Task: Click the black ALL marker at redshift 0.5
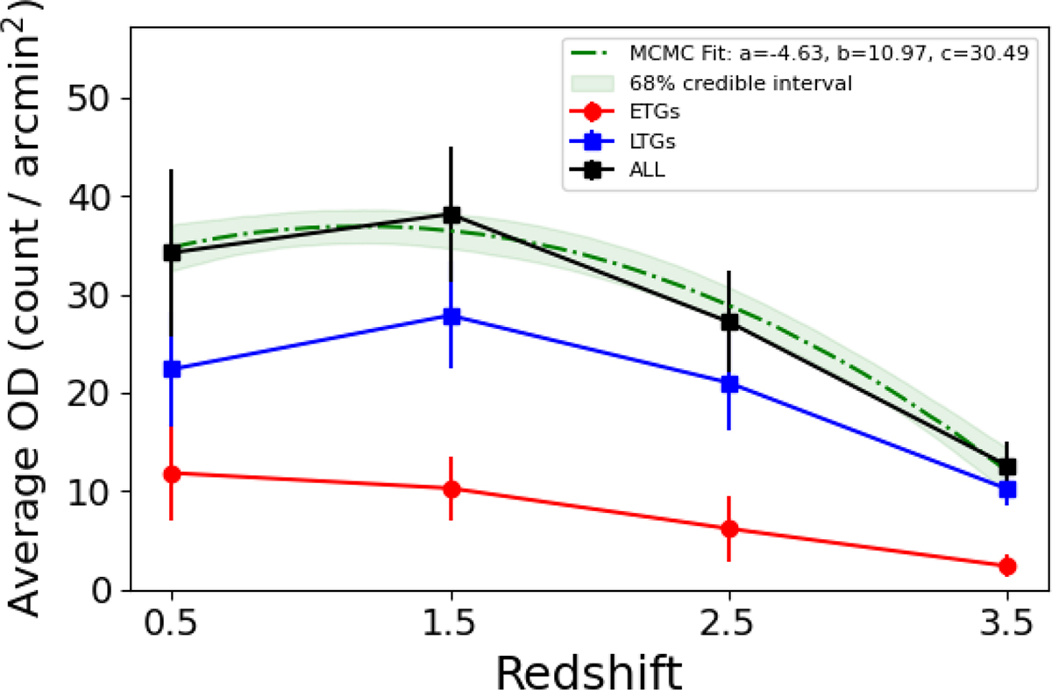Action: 172,253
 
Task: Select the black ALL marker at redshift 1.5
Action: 451,215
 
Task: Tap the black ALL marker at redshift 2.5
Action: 729,322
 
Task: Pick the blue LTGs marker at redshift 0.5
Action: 172,369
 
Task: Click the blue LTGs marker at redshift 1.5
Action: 451,317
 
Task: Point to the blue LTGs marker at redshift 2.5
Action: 729,384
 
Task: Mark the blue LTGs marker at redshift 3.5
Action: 1007,488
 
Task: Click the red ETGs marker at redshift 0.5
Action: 172,473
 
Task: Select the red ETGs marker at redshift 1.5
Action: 451,489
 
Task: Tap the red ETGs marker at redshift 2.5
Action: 729,529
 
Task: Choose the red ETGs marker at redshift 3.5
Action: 1007,566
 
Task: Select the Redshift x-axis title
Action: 588,668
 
